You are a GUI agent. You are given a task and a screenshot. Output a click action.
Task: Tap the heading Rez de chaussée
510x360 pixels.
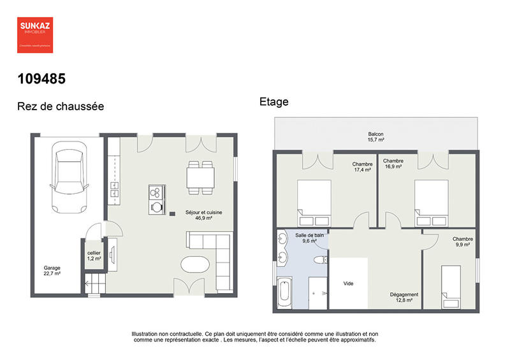pyautogui.click(x=61, y=106)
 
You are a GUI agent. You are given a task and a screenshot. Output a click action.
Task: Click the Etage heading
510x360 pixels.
pyautogui.click(x=274, y=101)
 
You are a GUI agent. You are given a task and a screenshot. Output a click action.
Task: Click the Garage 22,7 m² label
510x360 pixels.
pyautogui.click(x=52, y=271)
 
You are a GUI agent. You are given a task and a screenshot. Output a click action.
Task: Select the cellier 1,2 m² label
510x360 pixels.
pyautogui.click(x=94, y=257)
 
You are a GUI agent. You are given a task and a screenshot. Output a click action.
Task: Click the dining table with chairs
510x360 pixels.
pyautogui.click(x=201, y=176)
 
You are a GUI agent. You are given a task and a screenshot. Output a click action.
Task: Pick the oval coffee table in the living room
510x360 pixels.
pyautogui.click(x=195, y=264)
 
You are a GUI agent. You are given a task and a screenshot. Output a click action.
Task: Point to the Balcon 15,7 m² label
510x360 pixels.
pyautogui.click(x=375, y=136)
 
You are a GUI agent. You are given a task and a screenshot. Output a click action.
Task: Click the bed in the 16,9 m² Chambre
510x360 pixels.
pyautogui.click(x=432, y=202)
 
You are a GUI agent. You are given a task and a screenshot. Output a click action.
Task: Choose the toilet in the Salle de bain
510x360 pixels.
pyautogui.click(x=322, y=260)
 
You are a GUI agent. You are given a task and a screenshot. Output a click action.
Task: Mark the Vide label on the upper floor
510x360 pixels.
pyautogui.click(x=348, y=284)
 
